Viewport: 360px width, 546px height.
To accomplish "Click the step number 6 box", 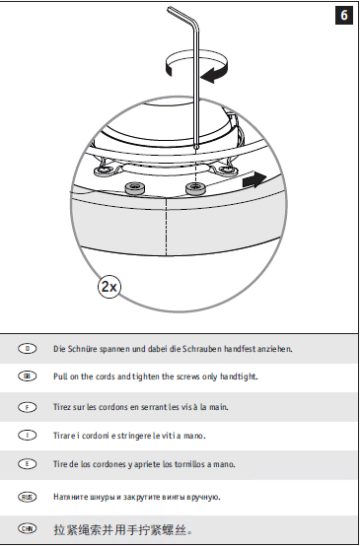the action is pos(343,16).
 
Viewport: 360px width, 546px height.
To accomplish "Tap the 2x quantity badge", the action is pos(109,287).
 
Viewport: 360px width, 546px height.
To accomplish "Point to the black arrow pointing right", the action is pos(254,179).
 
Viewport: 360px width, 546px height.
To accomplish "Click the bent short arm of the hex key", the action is pos(181,14).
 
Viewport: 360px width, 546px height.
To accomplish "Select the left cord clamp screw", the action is pos(135,188).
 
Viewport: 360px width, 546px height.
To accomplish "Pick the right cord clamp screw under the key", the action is pos(196,188).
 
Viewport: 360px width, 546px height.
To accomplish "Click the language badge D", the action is pos(28,348).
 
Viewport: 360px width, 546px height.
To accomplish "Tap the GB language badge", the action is pos(28,376).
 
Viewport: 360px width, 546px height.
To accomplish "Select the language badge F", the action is pos(28,407).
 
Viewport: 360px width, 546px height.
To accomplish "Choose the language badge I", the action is pos(28,435).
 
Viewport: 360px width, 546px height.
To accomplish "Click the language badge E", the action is pos(28,464).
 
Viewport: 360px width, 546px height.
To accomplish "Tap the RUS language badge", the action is pos(28,497).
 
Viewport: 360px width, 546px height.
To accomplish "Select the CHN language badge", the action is pos(28,528).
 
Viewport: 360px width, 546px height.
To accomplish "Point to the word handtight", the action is pos(239,376).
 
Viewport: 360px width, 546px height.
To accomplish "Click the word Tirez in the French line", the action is pos(62,407).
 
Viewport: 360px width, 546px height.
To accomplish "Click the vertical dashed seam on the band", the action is pos(167,227).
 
